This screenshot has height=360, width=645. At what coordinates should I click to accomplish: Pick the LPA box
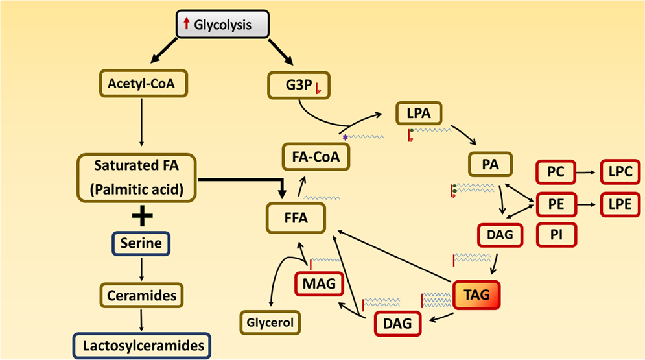click(419, 115)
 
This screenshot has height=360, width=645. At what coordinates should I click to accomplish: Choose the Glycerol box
click(270, 321)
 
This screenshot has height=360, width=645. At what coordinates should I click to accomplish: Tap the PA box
click(490, 165)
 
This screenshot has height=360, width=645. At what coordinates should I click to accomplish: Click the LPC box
click(621, 173)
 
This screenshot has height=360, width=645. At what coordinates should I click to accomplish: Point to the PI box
click(556, 234)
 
